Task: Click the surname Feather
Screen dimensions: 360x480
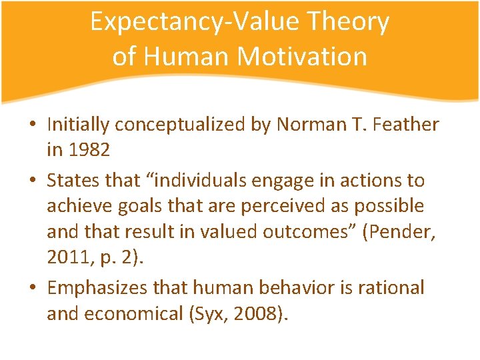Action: [x=409, y=125]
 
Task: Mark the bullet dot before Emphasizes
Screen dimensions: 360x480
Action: [x=32, y=289]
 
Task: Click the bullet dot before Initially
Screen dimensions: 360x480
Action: [x=32, y=125]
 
